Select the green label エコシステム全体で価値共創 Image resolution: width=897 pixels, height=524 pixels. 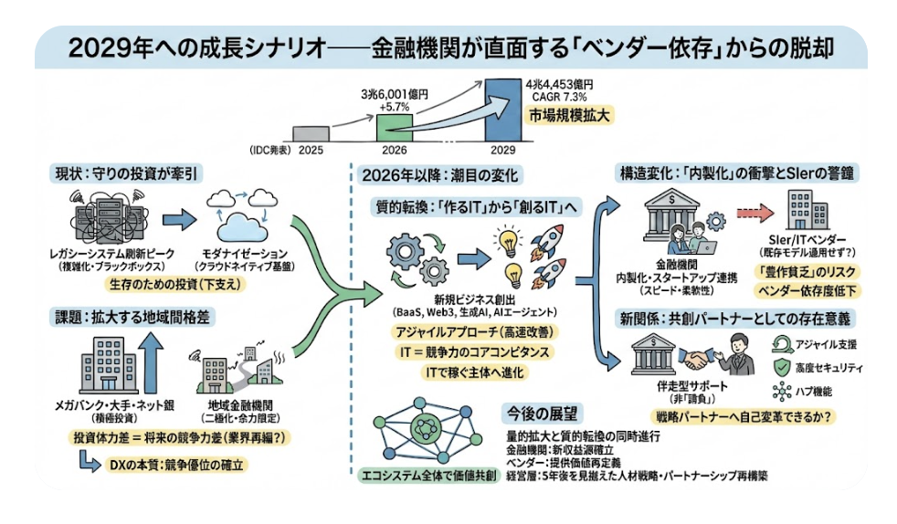pos(423,475)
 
